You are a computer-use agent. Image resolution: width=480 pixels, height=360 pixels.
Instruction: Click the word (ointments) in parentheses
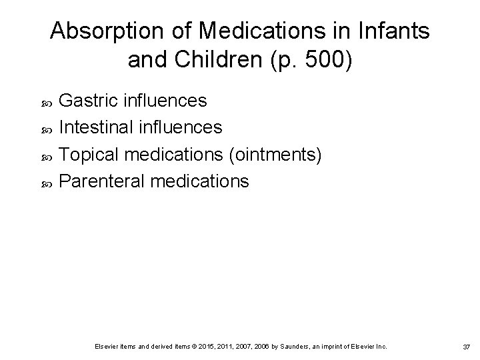point(275,155)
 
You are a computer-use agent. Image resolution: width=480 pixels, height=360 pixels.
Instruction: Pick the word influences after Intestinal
point(183,127)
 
